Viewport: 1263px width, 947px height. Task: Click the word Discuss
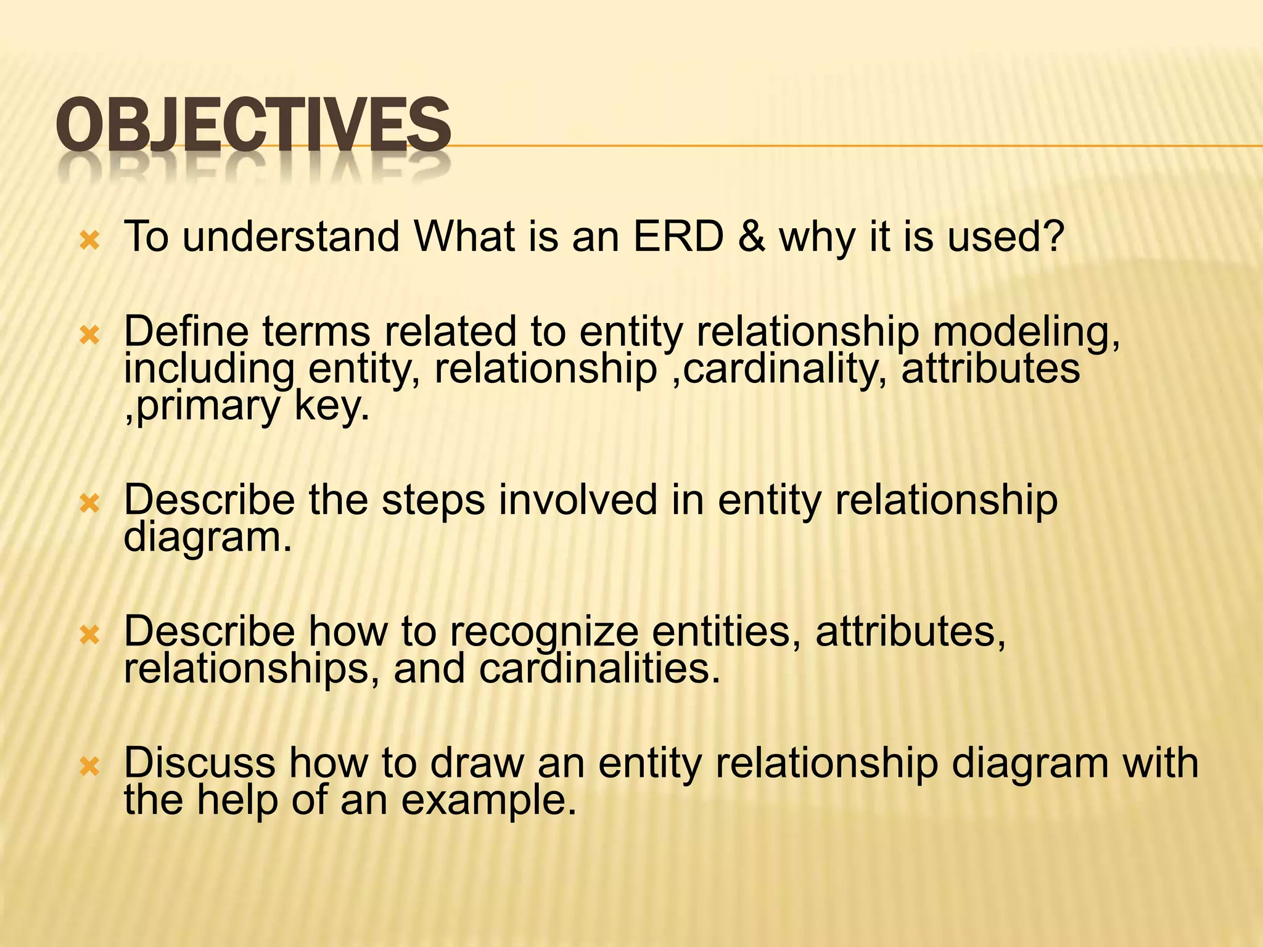[199, 763]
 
